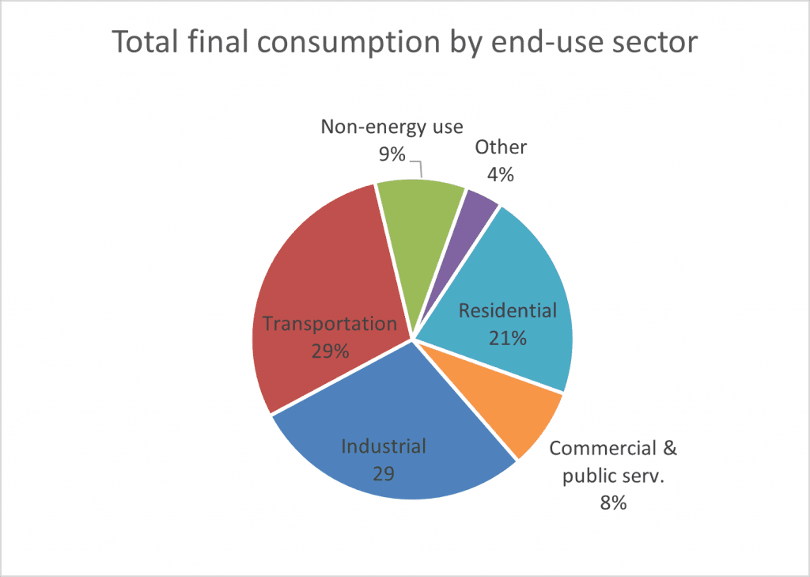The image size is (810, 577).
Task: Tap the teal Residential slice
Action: [514, 269]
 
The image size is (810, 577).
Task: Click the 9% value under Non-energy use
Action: [391, 151]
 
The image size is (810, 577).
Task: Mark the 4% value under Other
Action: [500, 174]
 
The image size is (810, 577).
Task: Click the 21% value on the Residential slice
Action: [507, 338]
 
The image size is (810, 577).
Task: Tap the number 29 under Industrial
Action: [383, 473]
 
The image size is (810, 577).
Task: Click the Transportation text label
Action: [329, 324]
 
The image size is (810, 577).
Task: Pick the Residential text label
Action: [508, 311]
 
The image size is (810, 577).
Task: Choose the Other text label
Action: [501, 147]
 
